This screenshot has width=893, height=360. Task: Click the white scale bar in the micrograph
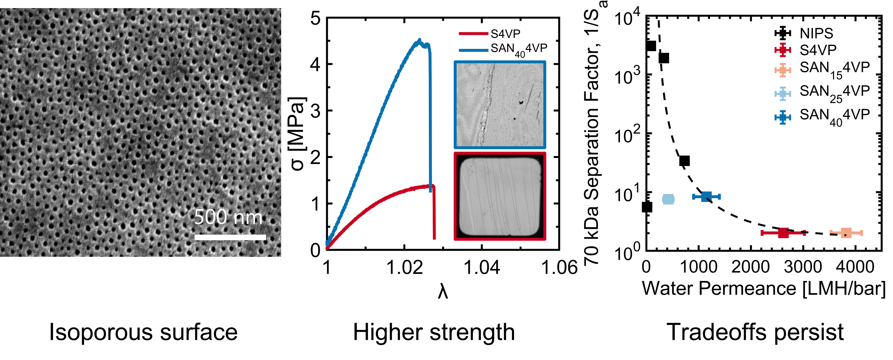230,237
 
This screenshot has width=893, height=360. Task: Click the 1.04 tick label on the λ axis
482,267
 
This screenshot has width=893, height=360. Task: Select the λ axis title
443,293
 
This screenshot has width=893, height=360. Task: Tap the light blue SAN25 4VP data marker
668,199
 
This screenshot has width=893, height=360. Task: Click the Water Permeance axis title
763,288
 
